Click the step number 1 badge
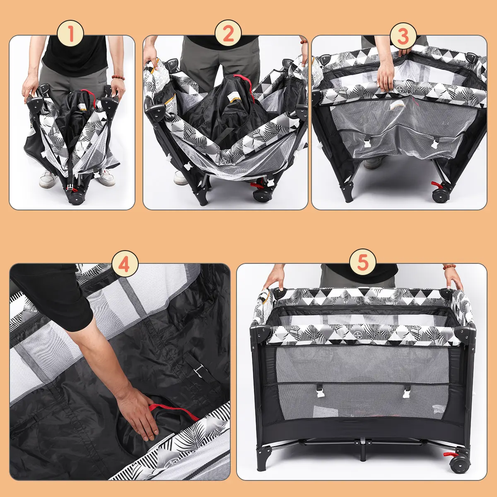click(70, 34)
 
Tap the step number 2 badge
click(228, 34)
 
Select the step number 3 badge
click(403, 36)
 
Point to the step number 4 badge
click(125, 264)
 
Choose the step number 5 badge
click(363, 262)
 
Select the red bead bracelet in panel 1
click(118, 77)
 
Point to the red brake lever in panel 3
click(436, 184)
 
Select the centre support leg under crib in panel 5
click(363, 449)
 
